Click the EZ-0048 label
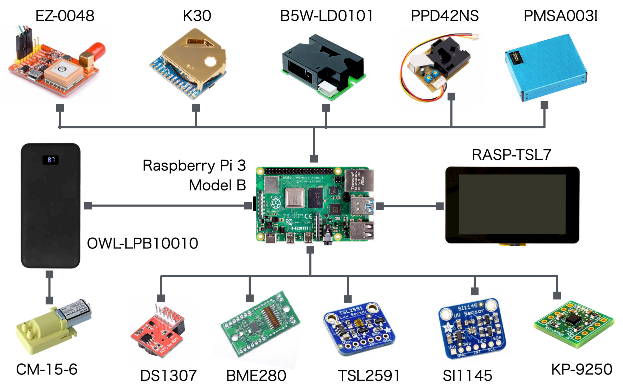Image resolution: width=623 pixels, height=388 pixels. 65,16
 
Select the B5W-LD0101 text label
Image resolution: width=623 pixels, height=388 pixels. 326,16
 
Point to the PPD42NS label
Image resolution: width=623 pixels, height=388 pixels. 445,16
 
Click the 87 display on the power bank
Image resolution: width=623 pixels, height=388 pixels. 50,160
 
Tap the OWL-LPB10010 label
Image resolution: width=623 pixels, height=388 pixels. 142,243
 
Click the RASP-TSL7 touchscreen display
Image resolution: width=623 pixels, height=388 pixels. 512,205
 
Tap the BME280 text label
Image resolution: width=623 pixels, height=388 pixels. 256,376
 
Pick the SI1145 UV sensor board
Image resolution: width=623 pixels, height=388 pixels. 472,328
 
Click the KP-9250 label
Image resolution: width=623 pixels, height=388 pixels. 581,369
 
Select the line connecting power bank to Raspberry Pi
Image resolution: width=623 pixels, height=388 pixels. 167,205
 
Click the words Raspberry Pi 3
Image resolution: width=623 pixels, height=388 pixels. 194,165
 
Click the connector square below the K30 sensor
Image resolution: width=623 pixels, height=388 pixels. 196,108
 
